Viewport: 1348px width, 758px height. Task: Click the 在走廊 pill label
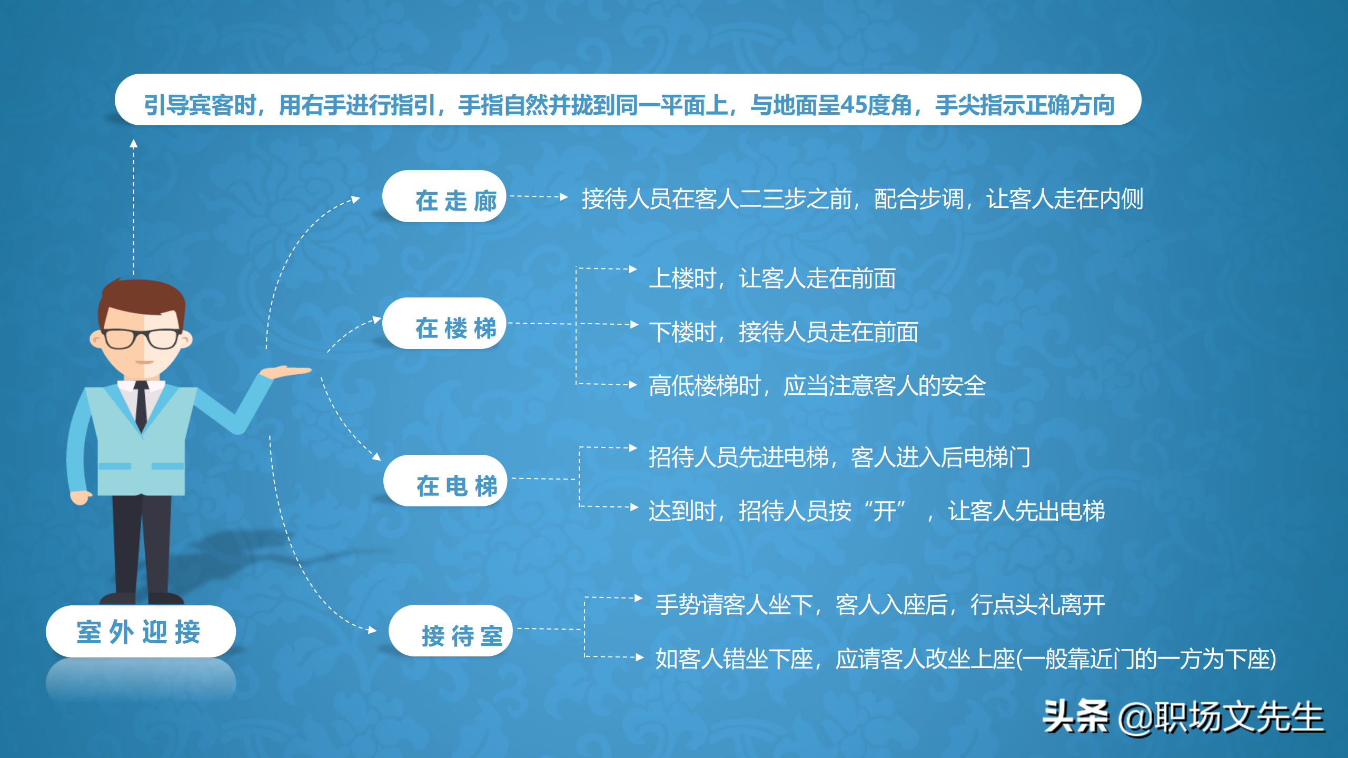pyautogui.click(x=444, y=197)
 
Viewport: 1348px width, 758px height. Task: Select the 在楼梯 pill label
pyautogui.click(x=444, y=324)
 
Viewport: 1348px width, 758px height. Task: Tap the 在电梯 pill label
pyautogui.click(x=445, y=481)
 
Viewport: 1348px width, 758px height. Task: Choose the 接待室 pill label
pyautogui.click(x=450, y=631)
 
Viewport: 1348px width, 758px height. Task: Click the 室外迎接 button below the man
pyautogui.click(x=141, y=632)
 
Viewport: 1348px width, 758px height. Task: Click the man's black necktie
pyautogui.click(x=141, y=405)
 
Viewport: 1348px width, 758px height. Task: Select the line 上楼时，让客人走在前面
pyautogui.click(x=772, y=278)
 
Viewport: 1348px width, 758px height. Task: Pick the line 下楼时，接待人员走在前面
pyautogui.click(x=784, y=332)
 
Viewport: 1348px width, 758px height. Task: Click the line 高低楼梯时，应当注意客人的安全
pyautogui.click(x=817, y=386)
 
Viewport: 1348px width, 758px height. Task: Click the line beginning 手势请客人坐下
pyautogui.click(x=880, y=605)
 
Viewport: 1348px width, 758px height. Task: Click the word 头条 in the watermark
pyautogui.click(x=1075, y=717)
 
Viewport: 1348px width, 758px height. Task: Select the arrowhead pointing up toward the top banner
pyautogui.click(x=134, y=143)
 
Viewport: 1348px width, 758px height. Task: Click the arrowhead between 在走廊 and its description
pyautogui.click(x=564, y=197)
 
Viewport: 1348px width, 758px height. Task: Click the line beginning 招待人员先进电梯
pyautogui.click(x=839, y=457)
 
